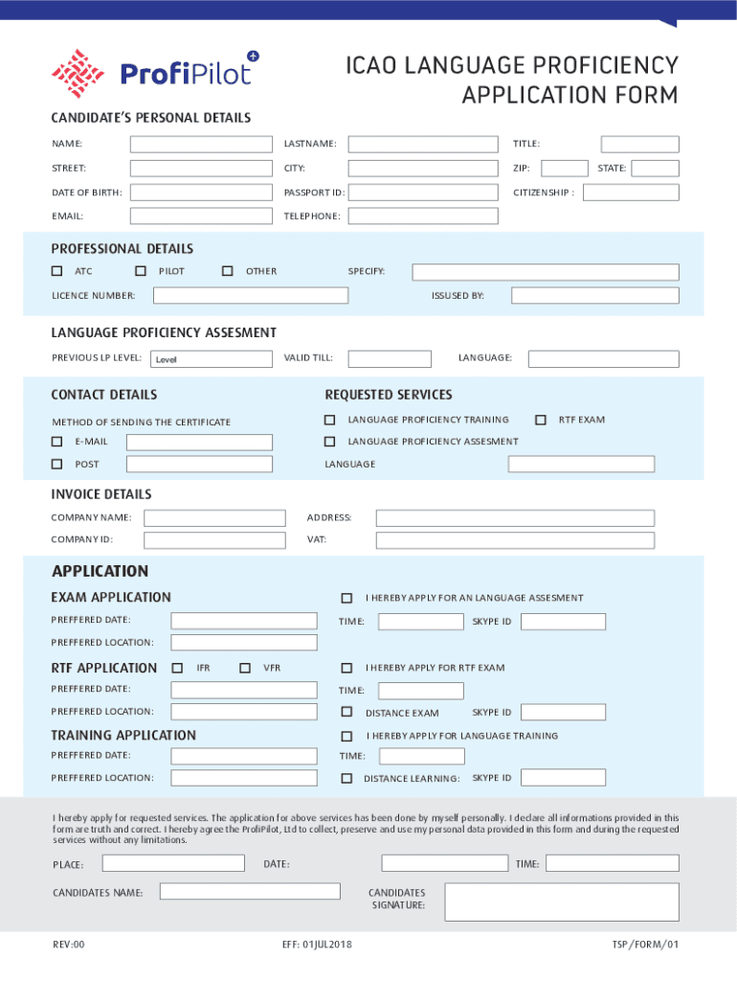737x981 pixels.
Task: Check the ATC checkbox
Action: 57,271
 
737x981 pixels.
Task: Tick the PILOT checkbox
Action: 141,271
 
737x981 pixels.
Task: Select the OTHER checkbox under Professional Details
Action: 227,271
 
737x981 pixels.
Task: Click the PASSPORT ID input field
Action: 422,193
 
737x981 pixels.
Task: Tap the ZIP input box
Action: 564,169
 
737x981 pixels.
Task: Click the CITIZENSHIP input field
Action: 631,193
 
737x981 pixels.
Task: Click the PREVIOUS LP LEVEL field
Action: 211,359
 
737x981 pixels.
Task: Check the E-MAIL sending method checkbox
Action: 56,442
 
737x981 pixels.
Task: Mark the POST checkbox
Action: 56,465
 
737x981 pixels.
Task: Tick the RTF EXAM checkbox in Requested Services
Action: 541,420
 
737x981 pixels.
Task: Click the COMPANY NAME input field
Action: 213,518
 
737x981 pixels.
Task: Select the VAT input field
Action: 515,540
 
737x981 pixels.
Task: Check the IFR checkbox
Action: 177,668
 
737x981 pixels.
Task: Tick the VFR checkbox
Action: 245,668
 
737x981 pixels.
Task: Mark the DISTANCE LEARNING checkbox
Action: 346,778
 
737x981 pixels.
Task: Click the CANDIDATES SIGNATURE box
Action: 562,901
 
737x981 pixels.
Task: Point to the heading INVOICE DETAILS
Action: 101,494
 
